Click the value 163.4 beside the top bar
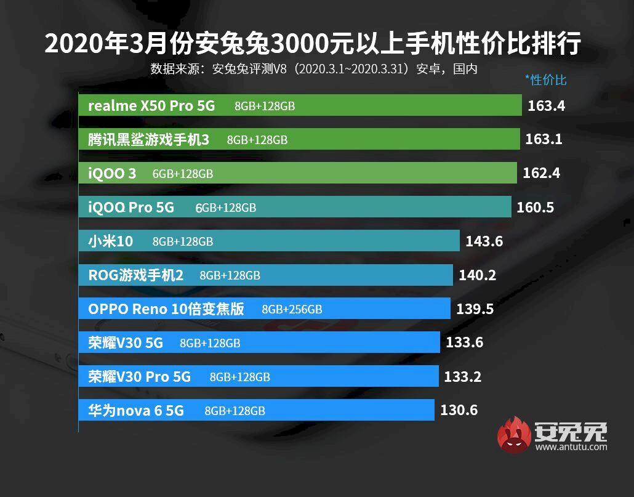[546, 105]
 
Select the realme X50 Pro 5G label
[151, 105]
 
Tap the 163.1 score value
[544, 139]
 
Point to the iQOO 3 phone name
[112, 174]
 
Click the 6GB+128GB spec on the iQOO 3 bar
[183, 174]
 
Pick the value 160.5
[536, 208]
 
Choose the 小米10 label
[110, 241]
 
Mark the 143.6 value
[484, 241]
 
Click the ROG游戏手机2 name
[136, 275]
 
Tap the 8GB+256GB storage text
[292, 309]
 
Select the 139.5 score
[475, 309]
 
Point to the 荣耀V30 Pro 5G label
[139, 376]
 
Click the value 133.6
[464, 343]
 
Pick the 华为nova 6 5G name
[136, 410]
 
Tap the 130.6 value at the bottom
[459, 410]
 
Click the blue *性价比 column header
[545, 79]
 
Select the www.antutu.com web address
[571, 446]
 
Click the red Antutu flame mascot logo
[515, 434]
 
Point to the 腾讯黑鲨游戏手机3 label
[148, 140]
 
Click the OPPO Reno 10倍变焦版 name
[166, 309]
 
